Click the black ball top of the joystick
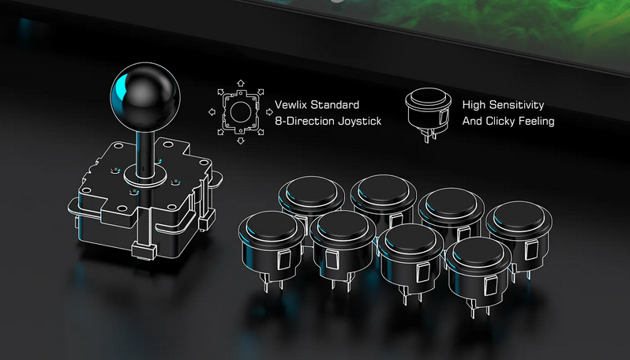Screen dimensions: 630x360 (145, 97)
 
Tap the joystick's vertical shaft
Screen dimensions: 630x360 (145, 152)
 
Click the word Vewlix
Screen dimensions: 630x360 (291, 105)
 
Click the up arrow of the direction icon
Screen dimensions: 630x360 (241, 83)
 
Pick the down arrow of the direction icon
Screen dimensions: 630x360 (241, 141)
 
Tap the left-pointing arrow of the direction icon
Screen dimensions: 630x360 (212, 112)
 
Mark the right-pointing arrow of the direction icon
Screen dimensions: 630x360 (269, 111)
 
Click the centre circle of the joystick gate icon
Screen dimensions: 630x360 (241, 111)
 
